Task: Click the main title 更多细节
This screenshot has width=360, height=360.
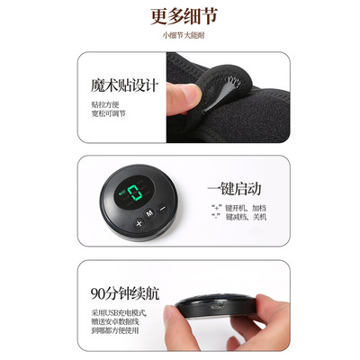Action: click(x=180, y=16)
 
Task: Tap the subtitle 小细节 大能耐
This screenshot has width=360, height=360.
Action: click(x=180, y=36)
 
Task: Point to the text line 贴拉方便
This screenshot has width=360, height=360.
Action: click(x=105, y=106)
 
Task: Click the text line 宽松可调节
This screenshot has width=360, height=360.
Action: click(x=109, y=116)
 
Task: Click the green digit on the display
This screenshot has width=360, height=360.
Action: click(x=137, y=193)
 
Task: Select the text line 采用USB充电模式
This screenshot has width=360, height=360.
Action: click(x=118, y=311)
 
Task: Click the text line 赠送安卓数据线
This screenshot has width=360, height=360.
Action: click(x=117, y=321)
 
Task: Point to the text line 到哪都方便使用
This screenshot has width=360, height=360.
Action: click(x=117, y=331)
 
